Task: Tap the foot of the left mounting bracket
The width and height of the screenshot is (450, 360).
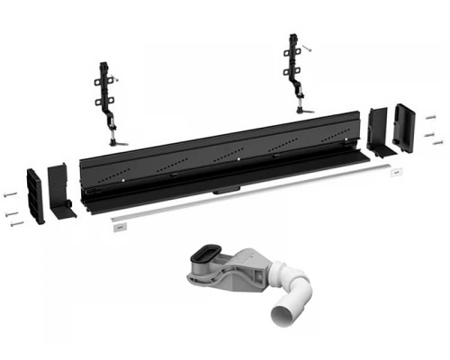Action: click(x=114, y=141)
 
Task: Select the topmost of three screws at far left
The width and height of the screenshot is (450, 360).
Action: click(x=10, y=191)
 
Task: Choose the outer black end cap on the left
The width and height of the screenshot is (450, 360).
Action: click(x=35, y=194)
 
